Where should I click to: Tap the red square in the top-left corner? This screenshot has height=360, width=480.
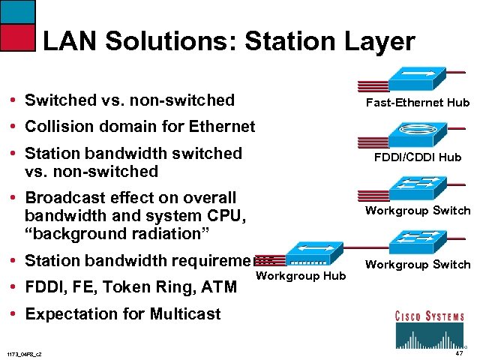tap(16, 37)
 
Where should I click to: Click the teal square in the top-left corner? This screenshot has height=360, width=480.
tap(16, 10)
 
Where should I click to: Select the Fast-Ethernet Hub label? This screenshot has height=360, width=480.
tap(417, 103)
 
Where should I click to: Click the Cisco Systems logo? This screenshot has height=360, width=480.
tap(429, 328)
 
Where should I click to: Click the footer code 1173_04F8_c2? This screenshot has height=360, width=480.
tap(23, 353)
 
